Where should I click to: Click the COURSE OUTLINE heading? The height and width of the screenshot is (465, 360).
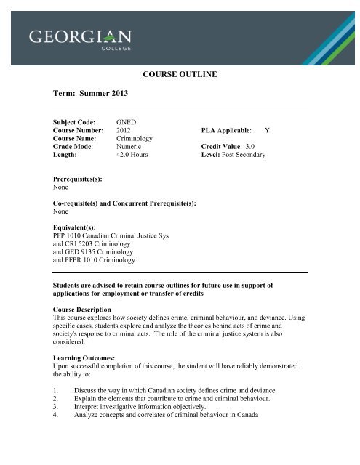point(188,73)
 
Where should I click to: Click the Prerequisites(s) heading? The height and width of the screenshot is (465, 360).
point(71,179)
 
